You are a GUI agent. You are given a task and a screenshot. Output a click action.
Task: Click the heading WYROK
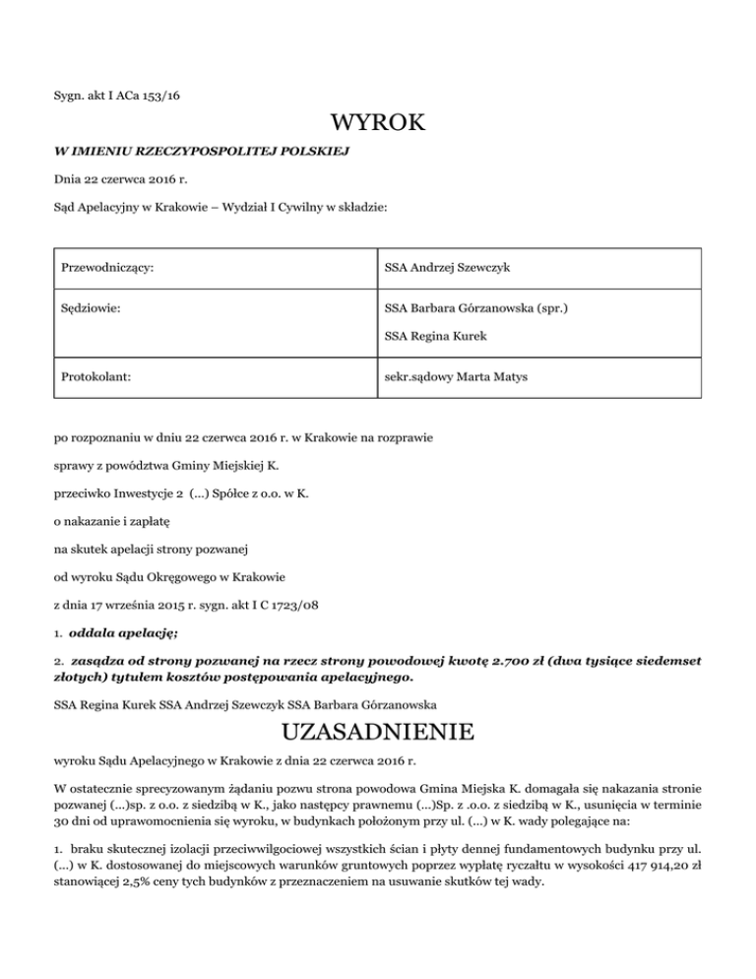click(378, 124)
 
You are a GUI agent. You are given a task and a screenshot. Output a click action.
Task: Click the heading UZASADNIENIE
click(378, 733)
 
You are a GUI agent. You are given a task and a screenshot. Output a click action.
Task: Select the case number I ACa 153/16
click(141, 96)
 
